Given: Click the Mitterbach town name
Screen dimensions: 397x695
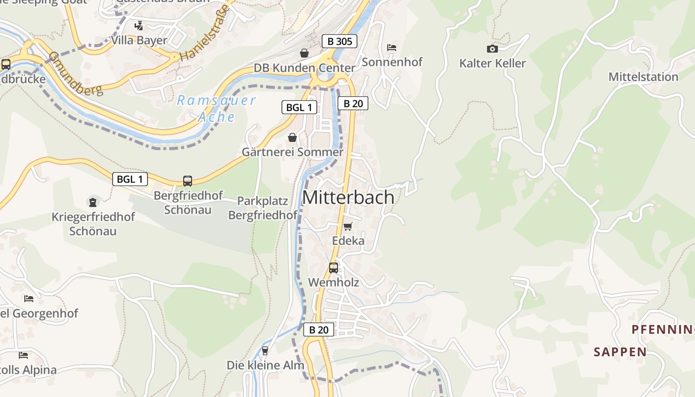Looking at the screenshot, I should [348, 197].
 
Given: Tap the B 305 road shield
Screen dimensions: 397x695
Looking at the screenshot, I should [340, 41].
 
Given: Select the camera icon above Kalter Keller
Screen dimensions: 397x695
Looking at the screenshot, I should [492, 49].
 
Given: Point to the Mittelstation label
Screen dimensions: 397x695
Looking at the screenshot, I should [643, 77].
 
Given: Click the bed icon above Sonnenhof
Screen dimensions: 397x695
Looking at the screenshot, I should [391, 48].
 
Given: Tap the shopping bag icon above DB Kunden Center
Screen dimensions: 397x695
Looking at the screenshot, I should [304, 53].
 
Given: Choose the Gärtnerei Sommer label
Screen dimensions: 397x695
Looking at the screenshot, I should [292, 152].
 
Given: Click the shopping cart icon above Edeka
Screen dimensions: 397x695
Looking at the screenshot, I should [347, 226].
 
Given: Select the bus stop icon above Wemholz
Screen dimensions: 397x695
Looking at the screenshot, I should [334, 268].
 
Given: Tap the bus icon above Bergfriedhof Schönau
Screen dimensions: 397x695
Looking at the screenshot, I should [187, 181].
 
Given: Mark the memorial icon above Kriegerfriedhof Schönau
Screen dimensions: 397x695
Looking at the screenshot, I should [93, 202].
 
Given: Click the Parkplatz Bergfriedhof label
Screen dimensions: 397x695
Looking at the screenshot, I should [263, 208].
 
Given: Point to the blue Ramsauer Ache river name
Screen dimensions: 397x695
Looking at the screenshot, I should [216, 109].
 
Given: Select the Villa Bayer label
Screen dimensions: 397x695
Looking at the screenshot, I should [139, 40].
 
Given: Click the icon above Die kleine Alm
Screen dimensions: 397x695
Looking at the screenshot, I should [265, 351].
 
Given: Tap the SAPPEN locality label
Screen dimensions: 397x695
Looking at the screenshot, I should [620, 352].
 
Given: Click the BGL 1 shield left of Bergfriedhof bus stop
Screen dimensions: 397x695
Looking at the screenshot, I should [130, 179].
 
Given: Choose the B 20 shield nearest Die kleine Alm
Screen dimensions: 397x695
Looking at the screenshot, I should [319, 330].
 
